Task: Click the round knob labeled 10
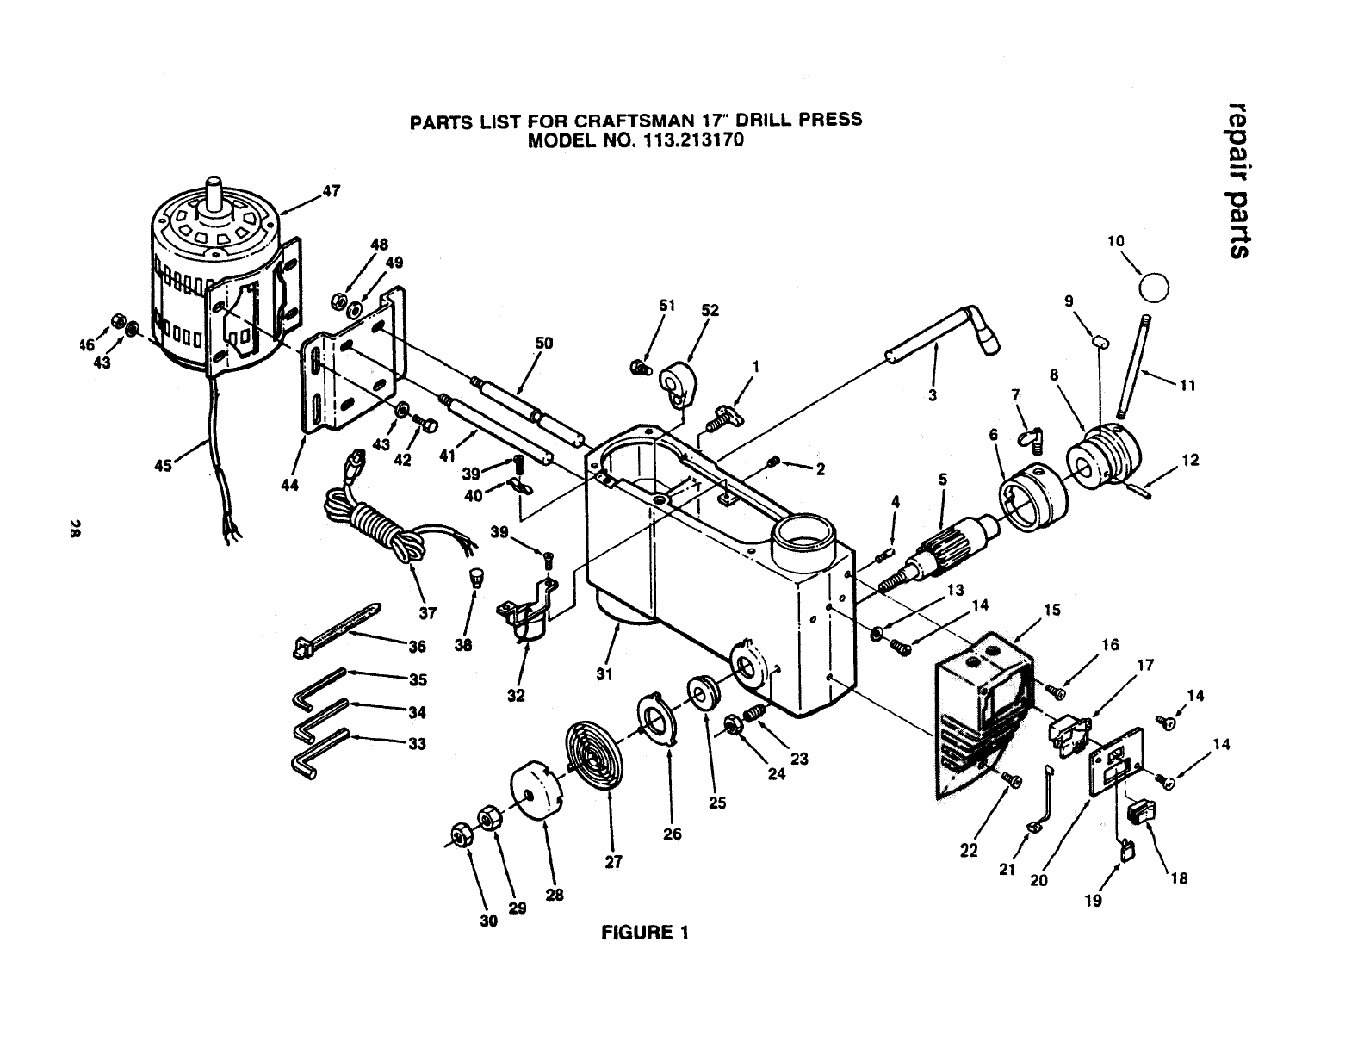[1155, 287]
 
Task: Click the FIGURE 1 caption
[646, 933]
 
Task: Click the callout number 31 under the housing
[604, 674]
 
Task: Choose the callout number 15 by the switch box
[1051, 611]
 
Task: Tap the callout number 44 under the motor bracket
[290, 485]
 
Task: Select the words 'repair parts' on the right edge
[1239, 178]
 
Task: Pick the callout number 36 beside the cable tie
[417, 647]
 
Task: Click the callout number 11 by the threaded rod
[1187, 386]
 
